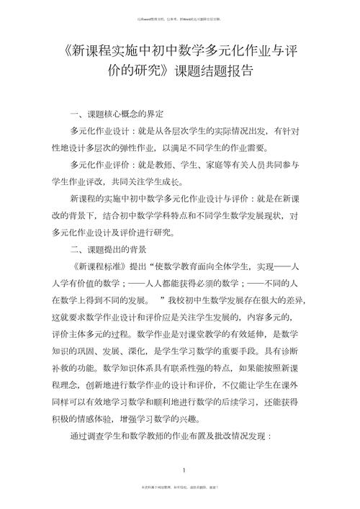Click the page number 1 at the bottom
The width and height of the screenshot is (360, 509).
(x=184, y=472)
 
